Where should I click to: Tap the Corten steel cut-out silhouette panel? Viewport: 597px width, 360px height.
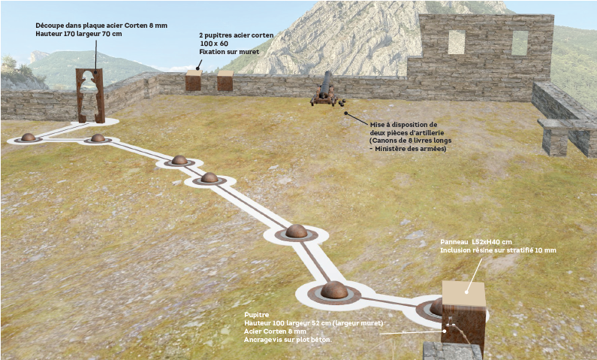pos(89,95)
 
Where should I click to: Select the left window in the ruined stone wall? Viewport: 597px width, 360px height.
pos(456,42)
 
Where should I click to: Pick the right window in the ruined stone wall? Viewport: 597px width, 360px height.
pos(519,42)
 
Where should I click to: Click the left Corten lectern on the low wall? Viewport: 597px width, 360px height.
pos(194,80)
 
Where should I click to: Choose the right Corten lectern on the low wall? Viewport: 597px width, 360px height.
pos(225,80)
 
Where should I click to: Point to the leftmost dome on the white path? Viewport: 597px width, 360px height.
pos(29,138)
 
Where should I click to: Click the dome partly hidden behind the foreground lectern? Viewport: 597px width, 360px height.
pos(436,307)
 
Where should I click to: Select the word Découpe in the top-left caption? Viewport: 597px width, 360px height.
pos(50,25)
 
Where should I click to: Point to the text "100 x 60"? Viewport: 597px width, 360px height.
pos(214,44)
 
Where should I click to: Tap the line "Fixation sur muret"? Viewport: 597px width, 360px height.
pos(230,53)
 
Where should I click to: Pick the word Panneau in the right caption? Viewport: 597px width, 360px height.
pos(455,242)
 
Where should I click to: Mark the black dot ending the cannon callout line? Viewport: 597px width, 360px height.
pos(346,114)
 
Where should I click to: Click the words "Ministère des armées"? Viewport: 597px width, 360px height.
pos(411,149)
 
